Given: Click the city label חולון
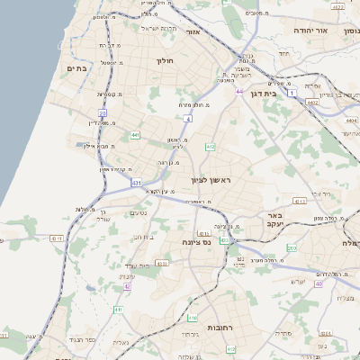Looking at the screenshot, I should coord(164,60).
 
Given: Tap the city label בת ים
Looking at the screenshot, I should coord(77,67).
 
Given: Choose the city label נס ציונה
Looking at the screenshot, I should coord(196,242).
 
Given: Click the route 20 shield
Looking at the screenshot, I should coord(103,113).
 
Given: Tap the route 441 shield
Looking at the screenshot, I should coord(134,135).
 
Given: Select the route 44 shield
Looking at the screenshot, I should coord(238,91).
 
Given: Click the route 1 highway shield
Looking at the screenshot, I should coord(292,92).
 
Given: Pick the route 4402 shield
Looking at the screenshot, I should coord(311,103).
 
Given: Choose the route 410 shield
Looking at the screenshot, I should coord(193,318).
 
